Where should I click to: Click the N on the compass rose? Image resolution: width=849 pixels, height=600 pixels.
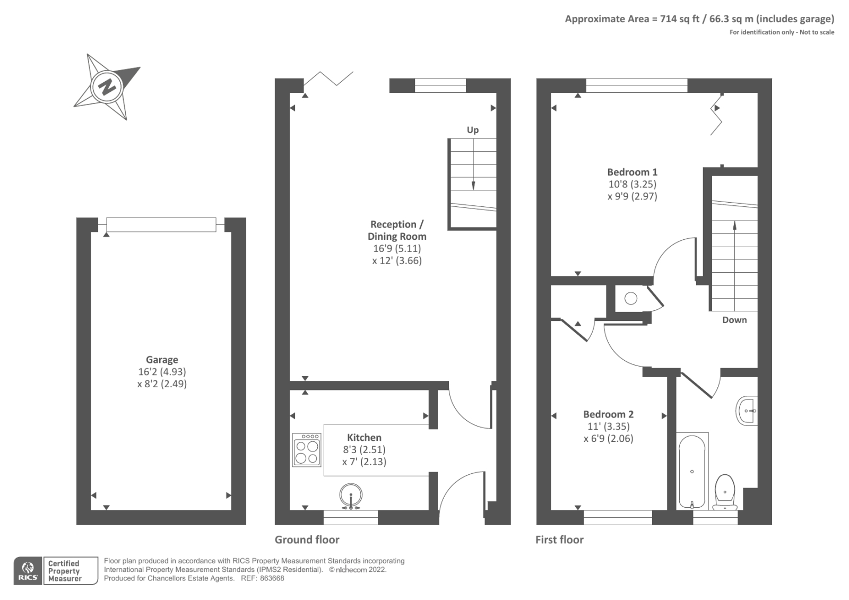(x=107, y=87)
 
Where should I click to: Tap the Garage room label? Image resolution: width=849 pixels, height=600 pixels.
(x=162, y=360)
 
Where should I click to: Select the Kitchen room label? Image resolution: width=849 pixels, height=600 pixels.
(x=364, y=437)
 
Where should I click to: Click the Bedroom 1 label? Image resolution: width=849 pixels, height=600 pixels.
(x=632, y=172)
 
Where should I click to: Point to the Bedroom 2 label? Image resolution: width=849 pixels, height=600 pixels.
(x=608, y=414)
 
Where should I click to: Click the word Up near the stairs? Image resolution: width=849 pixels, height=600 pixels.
(x=473, y=130)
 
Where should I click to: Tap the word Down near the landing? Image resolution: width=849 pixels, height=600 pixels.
(x=734, y=320)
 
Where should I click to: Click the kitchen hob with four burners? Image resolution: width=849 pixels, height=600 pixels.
(x=307, y=450)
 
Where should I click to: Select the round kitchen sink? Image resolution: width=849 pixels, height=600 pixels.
(x=351, y=495)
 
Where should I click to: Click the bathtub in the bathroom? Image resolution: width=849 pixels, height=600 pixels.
(x=692, y=471)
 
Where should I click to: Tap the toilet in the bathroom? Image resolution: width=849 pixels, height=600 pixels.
(x=725, y=492)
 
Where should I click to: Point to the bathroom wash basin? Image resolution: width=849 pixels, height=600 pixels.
(x=747, y=411)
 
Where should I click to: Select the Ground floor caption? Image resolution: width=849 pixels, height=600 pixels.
(x=307, y=540)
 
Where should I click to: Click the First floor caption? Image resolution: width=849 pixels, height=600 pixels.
(x=559, y=540)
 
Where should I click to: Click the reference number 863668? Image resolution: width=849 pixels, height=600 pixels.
(x=272, y=578)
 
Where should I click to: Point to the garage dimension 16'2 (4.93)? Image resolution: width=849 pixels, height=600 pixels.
(x=162, y=372)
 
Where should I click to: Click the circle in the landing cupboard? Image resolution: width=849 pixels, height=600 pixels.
(x=631, y=299)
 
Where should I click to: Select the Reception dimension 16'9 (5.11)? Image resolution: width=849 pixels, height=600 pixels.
(x=397, y=249)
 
